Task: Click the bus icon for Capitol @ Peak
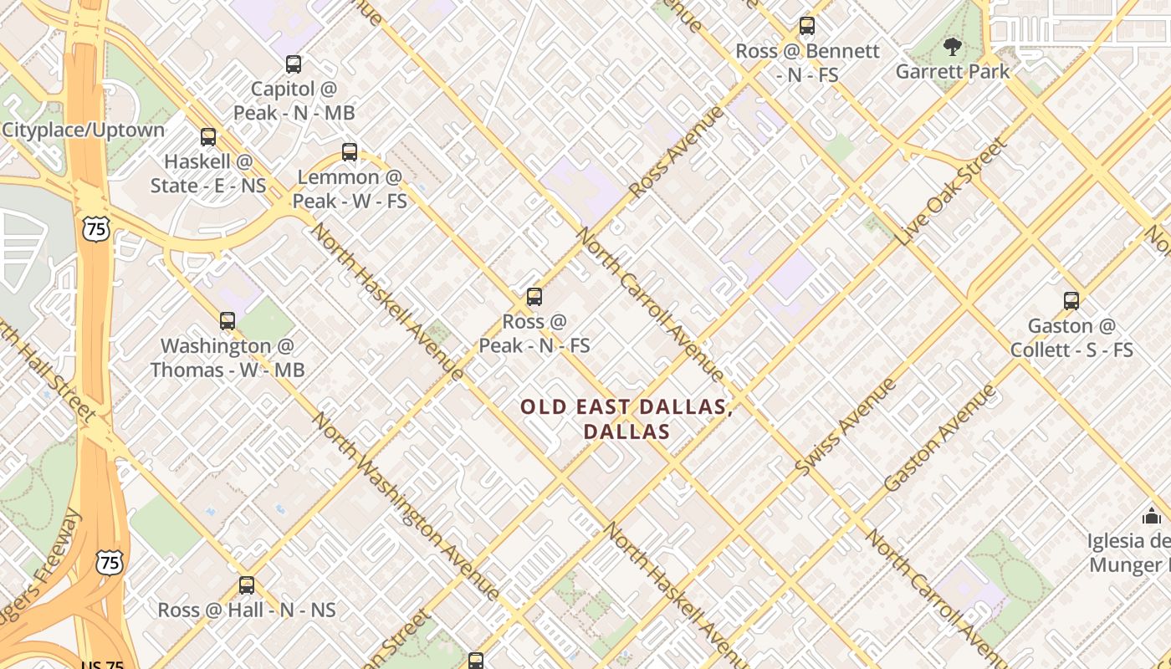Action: (294, 64)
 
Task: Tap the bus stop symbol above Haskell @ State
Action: (208, 137)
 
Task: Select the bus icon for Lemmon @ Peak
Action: (350, 152)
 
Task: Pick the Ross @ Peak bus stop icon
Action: (534, 297)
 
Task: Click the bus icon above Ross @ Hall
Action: (247, 585)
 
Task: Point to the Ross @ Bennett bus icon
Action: (807, 26)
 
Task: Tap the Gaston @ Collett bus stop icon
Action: (1071, 301)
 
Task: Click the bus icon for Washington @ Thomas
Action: (228, 321)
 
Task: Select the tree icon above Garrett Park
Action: (952, 46)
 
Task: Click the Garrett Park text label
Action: (953, 72)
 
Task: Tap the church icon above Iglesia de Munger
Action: (1153, 516)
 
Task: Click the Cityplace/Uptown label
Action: (83, 130)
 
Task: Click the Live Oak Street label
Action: (953, 192)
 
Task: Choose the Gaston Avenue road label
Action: (941, 437)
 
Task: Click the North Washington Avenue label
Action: (406, 506)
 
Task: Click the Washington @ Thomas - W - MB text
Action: (228, 358)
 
